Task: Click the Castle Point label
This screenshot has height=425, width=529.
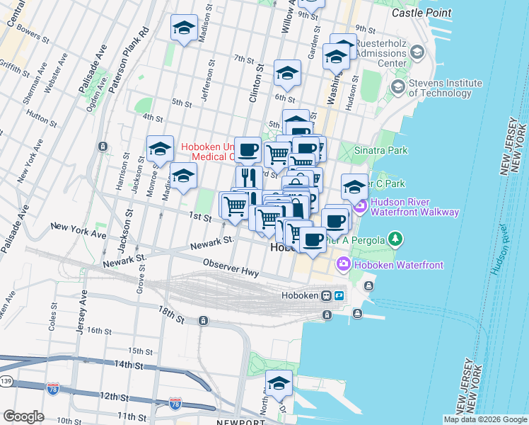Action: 421,13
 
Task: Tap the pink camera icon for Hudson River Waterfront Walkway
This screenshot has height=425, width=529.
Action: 359,206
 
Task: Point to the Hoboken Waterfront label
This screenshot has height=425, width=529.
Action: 400,265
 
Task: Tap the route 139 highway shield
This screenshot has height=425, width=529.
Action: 5,382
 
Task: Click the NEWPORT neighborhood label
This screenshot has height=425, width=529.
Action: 236,421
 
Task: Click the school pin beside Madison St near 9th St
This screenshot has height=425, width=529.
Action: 184,28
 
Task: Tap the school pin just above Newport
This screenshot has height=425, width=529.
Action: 279,383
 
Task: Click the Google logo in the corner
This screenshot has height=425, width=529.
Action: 23,416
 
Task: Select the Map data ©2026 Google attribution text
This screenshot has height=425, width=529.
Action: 485,419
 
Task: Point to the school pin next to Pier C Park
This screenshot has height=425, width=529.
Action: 354,187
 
